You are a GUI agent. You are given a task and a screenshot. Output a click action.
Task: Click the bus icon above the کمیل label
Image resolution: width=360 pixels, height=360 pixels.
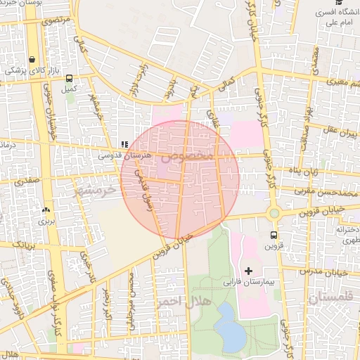(69, 79)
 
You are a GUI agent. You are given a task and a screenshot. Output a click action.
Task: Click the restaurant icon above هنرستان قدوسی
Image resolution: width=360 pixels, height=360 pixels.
(124, 144)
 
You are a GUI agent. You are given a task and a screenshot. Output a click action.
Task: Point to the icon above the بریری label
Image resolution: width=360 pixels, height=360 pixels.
(46, 210)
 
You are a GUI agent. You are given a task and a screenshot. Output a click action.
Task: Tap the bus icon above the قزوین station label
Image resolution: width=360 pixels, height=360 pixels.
(274, 236)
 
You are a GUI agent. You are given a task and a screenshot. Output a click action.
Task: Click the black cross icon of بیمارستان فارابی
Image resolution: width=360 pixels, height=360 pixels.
(247, 271)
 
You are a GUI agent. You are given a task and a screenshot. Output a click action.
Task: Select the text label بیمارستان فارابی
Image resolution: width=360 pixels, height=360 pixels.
(257, 281)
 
